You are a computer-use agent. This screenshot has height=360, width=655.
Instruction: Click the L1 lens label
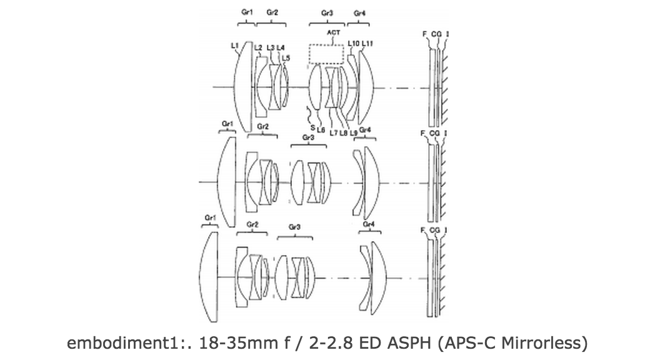[x=235, y=45]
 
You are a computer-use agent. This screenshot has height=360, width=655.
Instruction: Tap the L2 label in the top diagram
[x=257, y=47]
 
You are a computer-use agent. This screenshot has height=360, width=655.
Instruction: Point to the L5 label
[x=286, y=57]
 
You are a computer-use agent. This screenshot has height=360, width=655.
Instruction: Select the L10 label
[x=353, y=43]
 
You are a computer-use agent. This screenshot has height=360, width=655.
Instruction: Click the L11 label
[x=367, y=43]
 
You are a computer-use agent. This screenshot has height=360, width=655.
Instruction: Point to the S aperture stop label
[x=312, y=127]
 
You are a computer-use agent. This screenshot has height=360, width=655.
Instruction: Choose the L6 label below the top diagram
[x=321, y=129]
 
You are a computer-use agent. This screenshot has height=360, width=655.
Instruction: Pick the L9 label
[x=353, y=132]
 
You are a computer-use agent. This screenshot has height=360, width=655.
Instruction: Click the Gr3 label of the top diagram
[x=327, y=12]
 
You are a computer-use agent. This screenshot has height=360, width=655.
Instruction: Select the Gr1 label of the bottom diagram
[x=210, y=217]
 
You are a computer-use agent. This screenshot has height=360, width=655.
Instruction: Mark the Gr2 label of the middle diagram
[x=262, y=127]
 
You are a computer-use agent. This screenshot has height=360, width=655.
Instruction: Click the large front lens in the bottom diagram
[x=209, y=276]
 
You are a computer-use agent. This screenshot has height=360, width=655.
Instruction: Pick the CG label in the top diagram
[x=435, y=35]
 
